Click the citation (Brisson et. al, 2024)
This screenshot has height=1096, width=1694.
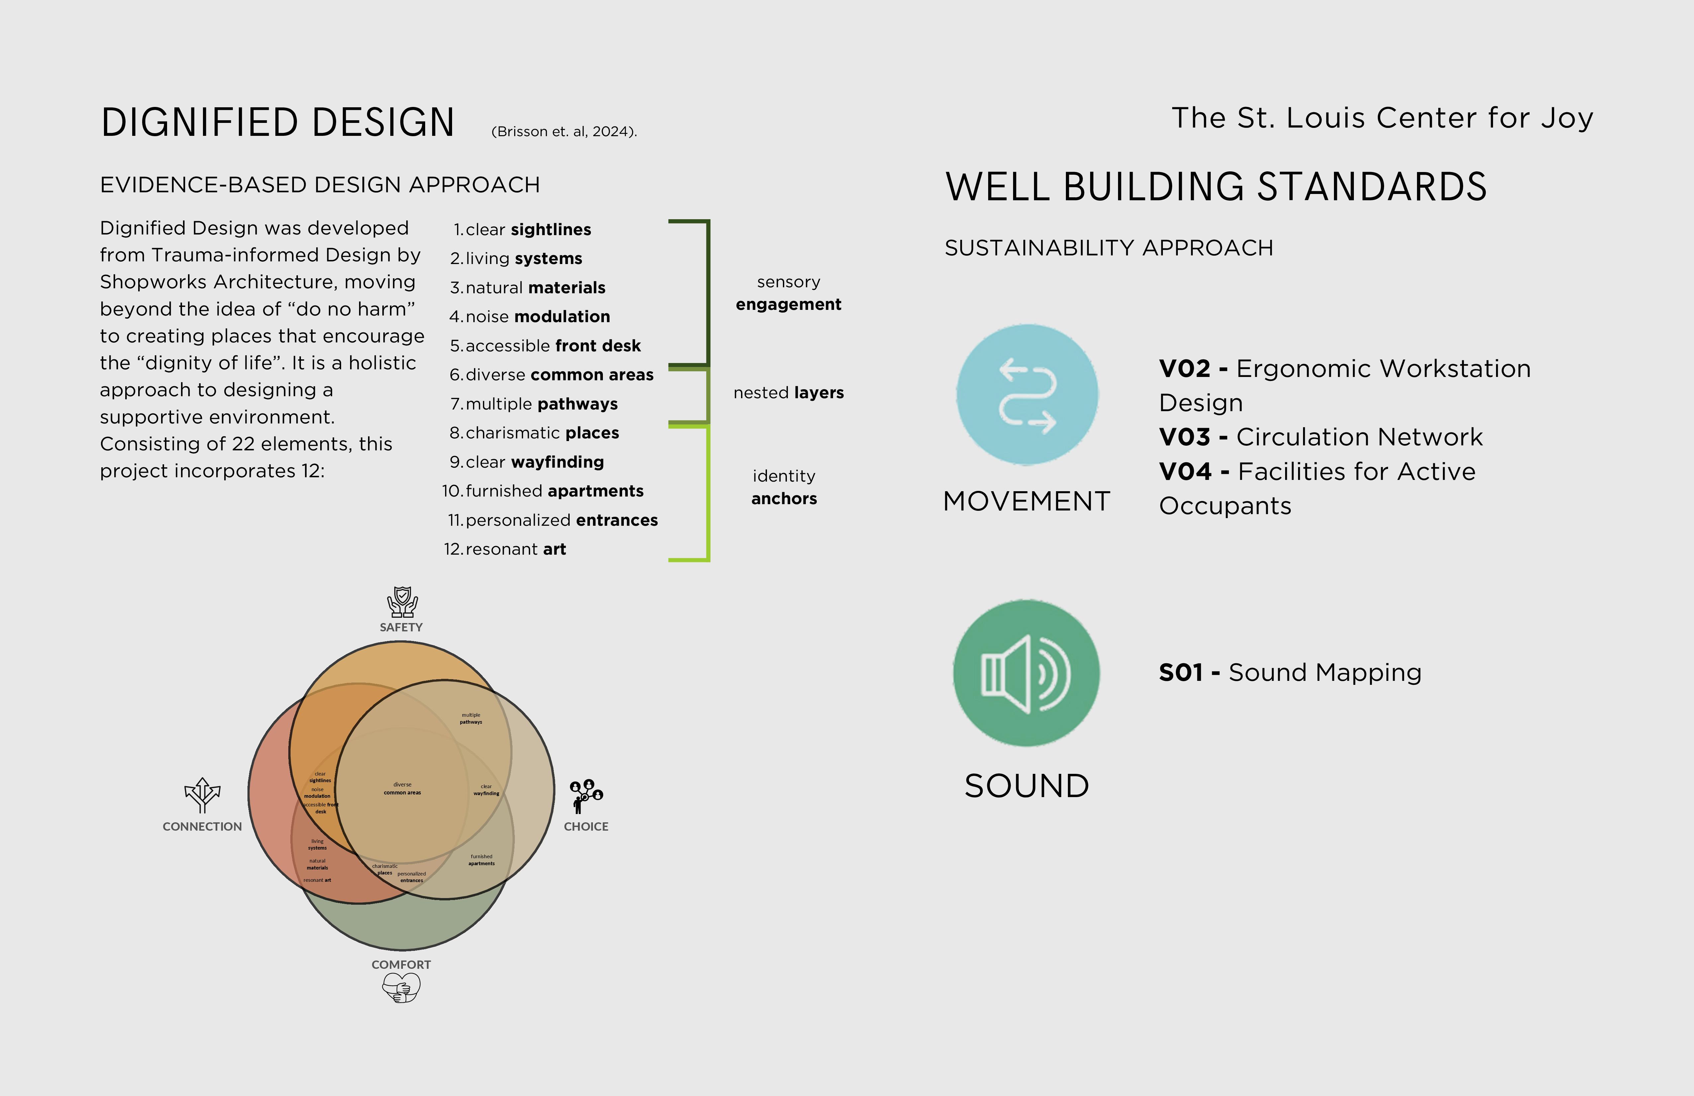click(564, 132)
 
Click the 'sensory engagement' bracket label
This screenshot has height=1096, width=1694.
click(789, 293)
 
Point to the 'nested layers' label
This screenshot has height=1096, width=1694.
click(789, 393)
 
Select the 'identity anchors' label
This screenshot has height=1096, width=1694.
click(784, 488)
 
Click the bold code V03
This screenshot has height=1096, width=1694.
click(1184, 437)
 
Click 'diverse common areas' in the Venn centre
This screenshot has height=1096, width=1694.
click(402, 788)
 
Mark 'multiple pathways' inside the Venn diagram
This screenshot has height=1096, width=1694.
click(470, 719)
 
